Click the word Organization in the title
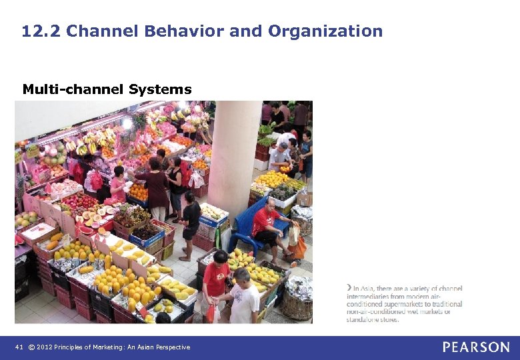[325, 31]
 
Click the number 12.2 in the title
[41, 31]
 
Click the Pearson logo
[476, 347]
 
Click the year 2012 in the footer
[45, 347]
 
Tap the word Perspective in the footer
[172, 347]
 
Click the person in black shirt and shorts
[190, 223]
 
